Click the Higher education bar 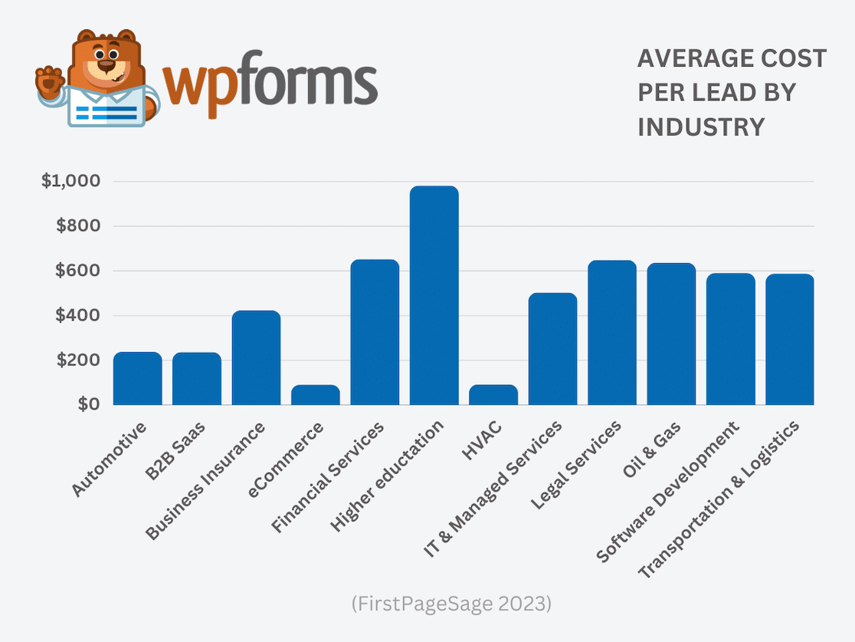434,295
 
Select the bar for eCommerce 316,395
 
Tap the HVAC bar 493,395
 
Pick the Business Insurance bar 256,358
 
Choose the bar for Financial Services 375,332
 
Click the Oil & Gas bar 671,334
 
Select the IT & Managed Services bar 552,349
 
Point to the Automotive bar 138,378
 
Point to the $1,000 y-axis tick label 71,182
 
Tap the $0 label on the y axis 87,404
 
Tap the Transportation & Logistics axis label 719,500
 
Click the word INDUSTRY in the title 701,127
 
